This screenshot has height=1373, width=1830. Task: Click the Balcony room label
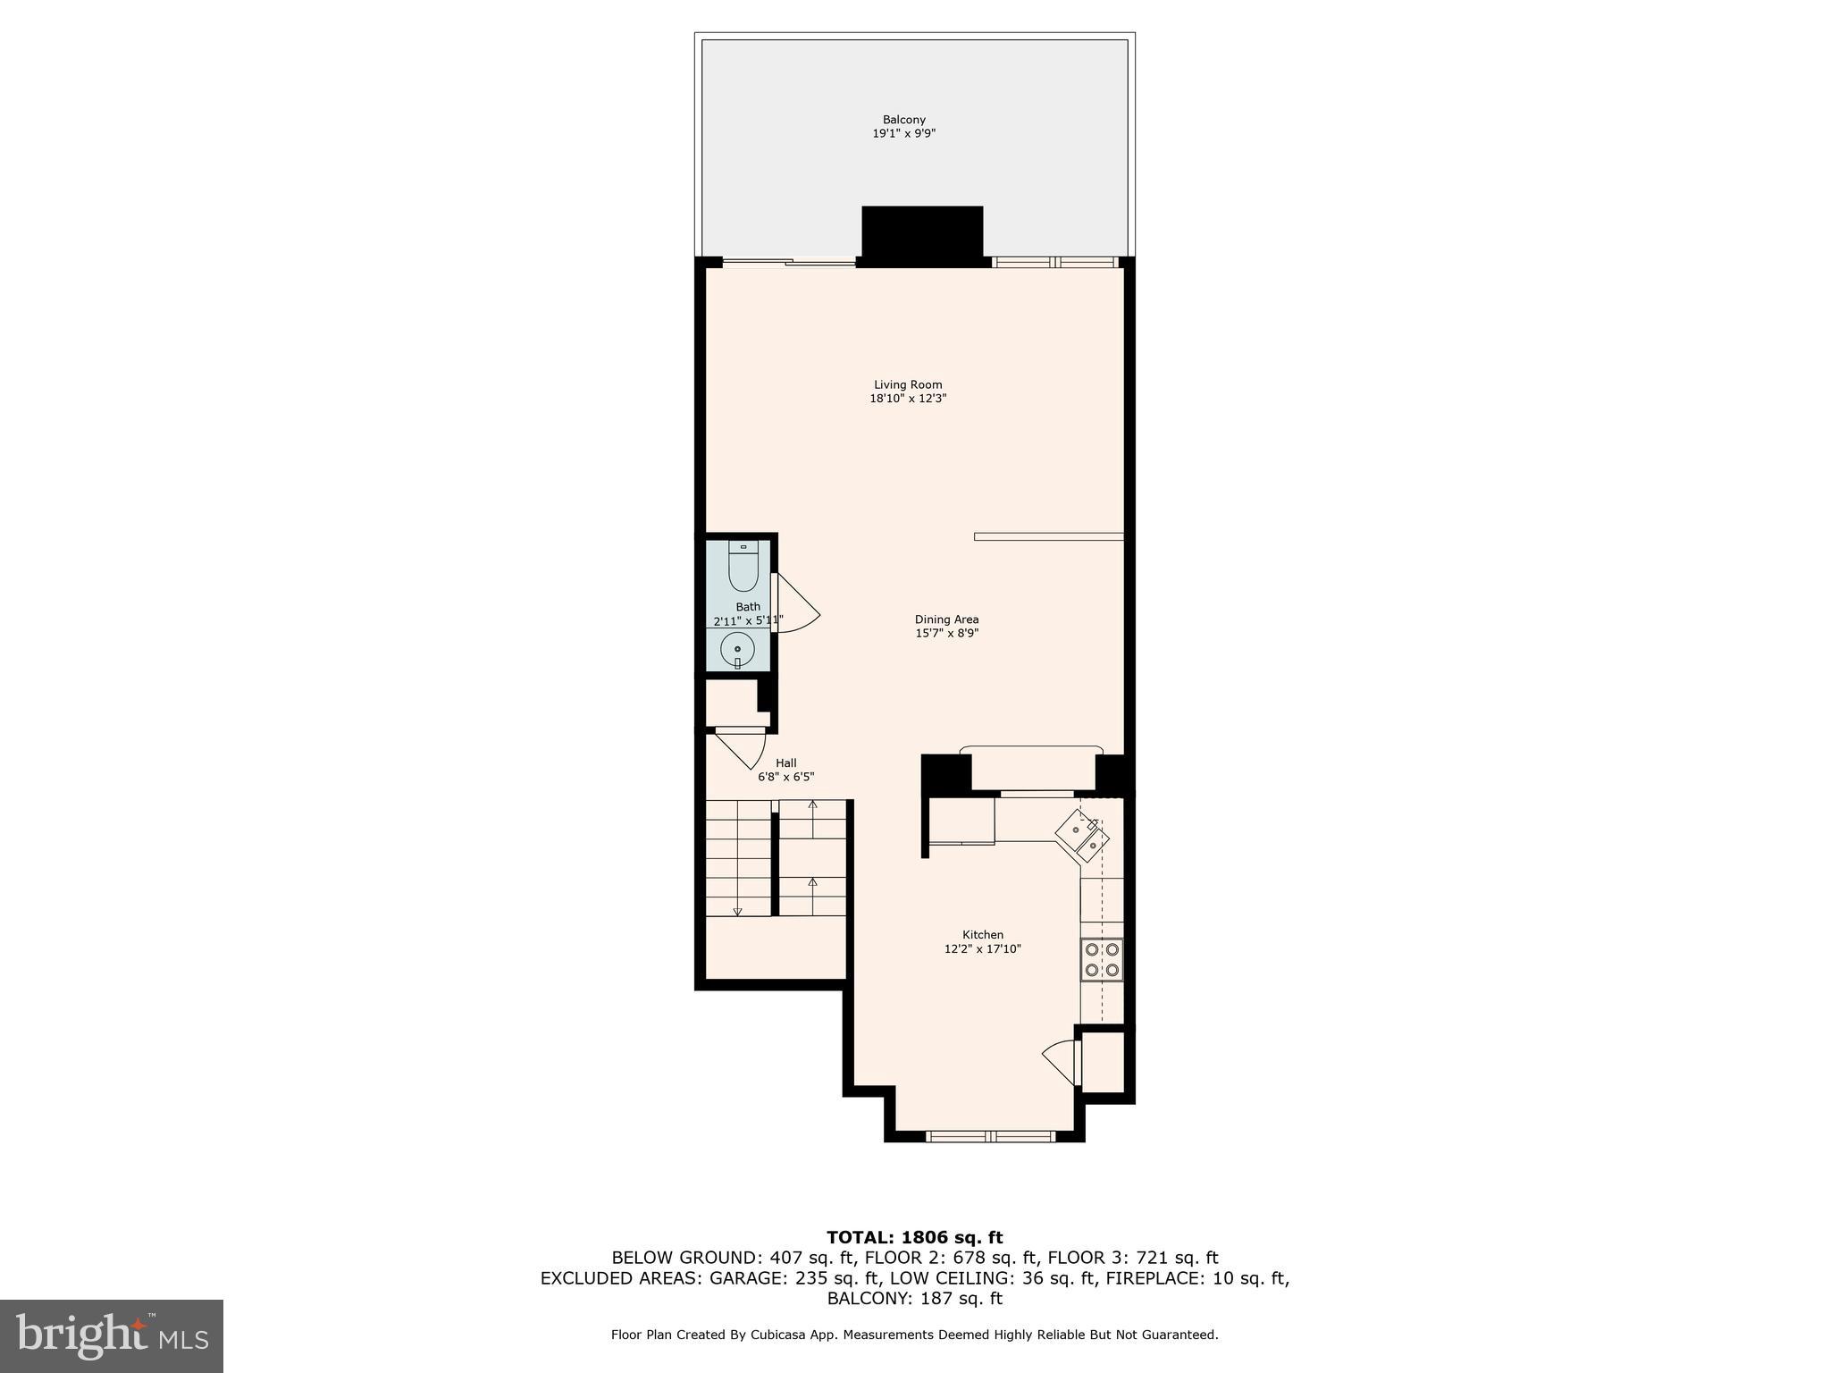point(903,120)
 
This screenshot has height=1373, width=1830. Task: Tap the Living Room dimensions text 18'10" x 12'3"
point(908,399)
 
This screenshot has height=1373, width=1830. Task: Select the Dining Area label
point(946,619)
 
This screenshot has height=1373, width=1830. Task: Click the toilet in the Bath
point(743,569)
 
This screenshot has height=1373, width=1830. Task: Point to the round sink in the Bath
point(737,648)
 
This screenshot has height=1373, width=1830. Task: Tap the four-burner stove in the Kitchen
point(1102,959)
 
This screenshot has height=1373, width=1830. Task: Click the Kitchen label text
point(982,935)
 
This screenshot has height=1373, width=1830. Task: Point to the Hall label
point(785,762)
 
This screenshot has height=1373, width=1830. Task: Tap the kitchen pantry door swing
point(1061,1061)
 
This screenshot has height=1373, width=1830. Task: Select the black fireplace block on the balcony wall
point(922,235)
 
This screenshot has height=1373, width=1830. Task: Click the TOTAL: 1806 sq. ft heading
point(914,1237)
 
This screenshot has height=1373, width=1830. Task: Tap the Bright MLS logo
point(112,1335)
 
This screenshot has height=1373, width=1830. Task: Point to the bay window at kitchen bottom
point(990,1136)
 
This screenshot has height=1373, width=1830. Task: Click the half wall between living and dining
point(1048,536)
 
